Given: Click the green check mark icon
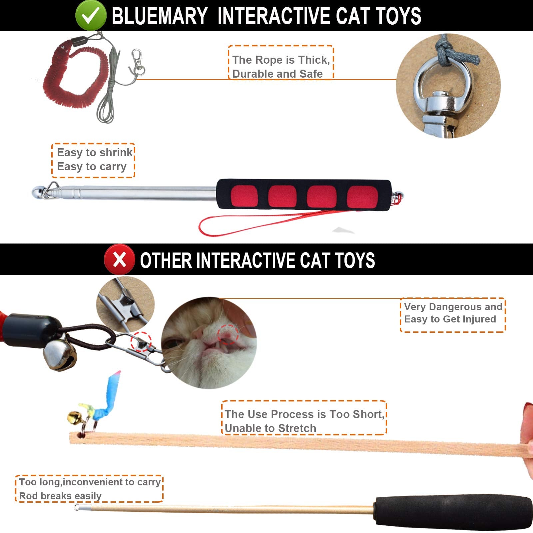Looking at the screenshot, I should [90, 15].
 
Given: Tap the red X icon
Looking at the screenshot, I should [119, 260].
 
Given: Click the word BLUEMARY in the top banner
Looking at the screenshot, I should [159, 16].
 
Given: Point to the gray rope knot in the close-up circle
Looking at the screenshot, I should [455, 53].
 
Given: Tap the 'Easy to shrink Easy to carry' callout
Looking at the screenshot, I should [93, 160].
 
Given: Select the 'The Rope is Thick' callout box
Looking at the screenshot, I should [280, 63].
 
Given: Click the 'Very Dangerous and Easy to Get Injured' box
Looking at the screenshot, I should [452, 314].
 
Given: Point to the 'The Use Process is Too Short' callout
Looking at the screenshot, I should [304, 418].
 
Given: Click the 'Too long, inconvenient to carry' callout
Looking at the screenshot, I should [89, 489].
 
